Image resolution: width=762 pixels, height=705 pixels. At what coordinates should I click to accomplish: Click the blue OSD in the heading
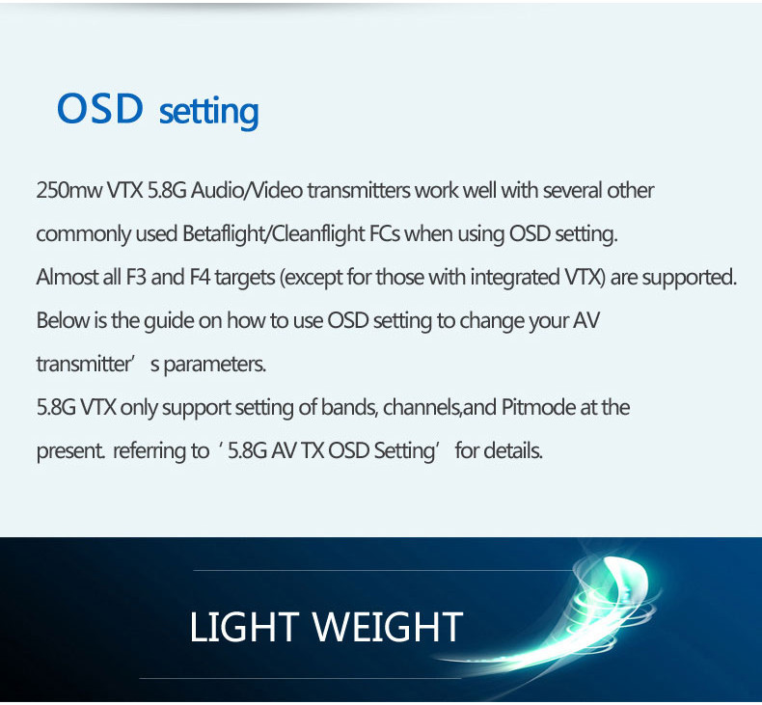coord(100,108)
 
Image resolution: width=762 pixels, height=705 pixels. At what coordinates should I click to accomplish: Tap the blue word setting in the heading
coord(209,113)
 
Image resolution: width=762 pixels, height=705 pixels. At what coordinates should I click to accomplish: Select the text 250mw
coord(69,190)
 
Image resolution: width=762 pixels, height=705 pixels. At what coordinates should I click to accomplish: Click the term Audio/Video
coord(247,190)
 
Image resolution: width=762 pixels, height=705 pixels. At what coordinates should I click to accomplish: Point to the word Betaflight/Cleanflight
coord(274,234)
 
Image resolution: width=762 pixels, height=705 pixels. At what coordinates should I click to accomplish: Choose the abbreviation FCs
coord(385,233)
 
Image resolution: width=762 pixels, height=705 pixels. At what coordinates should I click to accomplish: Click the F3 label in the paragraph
coord(136,278)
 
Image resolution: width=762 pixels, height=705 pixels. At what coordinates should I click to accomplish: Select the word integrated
coord(515,278)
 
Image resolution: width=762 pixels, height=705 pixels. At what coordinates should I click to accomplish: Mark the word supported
coord(689,279)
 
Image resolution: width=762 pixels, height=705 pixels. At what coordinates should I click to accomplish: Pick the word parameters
coord(215,365)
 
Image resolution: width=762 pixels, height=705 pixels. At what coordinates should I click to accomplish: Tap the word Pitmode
coord(538,407)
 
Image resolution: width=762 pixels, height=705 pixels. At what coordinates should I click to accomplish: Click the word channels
coord(421,408)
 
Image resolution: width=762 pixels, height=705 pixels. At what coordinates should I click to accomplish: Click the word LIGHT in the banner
coord(244,627)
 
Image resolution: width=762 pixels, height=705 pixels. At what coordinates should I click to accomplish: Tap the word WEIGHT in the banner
coord(388,627)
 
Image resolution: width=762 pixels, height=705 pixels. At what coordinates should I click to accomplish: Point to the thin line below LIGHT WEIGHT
coord(300,678)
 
